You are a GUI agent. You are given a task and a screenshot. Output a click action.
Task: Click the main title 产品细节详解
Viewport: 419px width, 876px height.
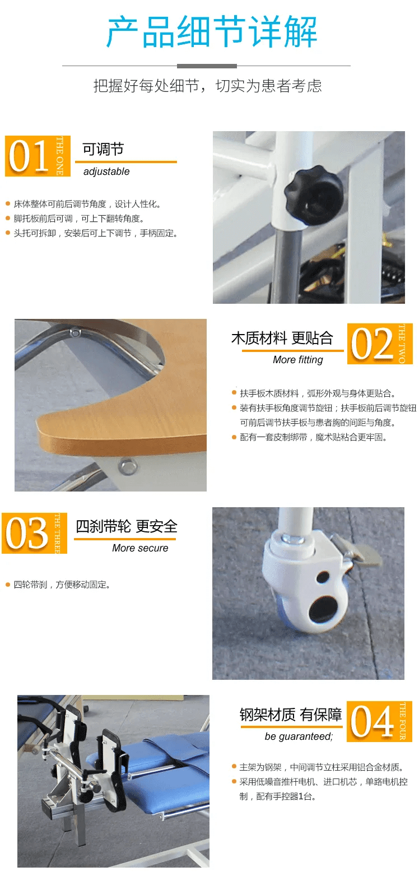point(211,33)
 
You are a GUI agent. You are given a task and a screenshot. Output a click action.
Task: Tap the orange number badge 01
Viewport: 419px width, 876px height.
point(38,156)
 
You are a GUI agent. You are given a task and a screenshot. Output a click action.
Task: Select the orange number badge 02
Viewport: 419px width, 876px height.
point(380,344)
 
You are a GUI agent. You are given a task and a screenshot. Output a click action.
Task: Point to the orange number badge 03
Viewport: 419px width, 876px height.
point(34,533)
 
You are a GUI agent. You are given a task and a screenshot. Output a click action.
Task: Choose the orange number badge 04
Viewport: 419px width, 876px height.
point(379,721)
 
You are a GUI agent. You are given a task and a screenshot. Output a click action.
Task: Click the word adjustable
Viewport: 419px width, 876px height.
point(106,172)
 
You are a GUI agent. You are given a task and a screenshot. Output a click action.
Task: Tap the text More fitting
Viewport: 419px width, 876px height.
point(298,360)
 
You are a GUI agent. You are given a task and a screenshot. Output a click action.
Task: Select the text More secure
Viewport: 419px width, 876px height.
point(140,548)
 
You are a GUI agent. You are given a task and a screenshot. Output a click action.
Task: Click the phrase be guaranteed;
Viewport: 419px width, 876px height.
point(299,737)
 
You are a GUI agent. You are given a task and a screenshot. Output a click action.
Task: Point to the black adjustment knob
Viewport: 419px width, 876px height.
point(313,192)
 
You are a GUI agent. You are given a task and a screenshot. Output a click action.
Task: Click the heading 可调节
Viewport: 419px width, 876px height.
point(103,149)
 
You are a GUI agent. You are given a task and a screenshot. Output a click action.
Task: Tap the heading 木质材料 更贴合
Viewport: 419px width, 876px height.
point(282,338)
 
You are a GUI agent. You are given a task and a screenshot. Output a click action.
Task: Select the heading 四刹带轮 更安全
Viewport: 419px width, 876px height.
point(127,526)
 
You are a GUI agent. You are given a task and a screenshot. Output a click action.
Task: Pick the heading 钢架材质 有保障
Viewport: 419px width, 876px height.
point(291,715)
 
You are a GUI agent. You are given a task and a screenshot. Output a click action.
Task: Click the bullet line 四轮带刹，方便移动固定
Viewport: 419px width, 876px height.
point(62,585)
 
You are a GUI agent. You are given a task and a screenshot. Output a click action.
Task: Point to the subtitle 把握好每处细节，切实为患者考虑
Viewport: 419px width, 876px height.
point(208,86)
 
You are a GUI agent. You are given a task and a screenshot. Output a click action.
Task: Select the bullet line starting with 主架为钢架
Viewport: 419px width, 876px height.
point(322,767)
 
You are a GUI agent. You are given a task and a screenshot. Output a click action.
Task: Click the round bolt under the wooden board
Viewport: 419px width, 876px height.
point(128,466)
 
